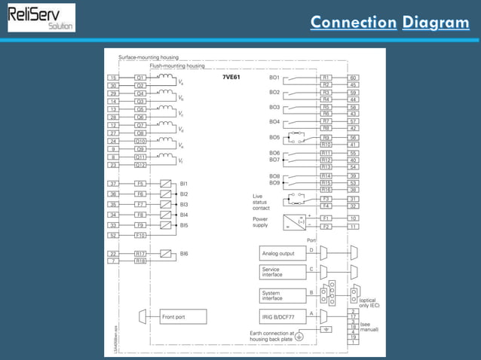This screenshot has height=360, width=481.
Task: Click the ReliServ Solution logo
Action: (x=41, y=18)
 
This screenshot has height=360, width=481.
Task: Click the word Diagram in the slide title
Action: (x=435, y=22)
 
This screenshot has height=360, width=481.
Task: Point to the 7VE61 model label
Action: (x=231, y=78)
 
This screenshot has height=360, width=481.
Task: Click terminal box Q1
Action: (x=140, y=78)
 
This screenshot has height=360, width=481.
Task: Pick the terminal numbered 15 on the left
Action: (x=113, y=78)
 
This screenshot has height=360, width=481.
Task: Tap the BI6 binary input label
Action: (x=184, y=254)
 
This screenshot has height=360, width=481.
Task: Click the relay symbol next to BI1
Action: (x=164, y=183)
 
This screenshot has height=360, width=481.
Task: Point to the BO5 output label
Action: (x=274, y=138)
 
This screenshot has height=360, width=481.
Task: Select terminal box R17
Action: (x=140, y=254)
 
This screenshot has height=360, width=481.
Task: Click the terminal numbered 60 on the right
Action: (x=353, y=78)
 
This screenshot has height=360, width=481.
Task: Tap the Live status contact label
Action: (x=261, y=202)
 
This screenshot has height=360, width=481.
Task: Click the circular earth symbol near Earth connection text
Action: (x=299, y=336)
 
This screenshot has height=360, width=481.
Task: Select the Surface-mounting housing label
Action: (x=149, y=57)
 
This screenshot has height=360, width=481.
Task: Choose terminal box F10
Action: (x=140, y=235)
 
